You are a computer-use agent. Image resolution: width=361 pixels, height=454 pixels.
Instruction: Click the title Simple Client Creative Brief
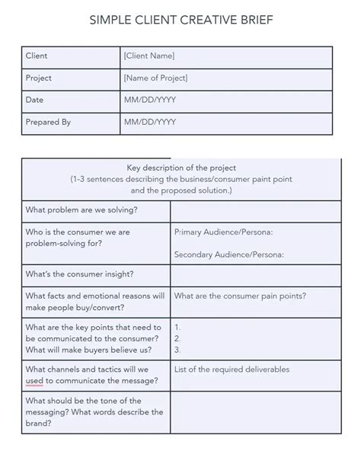180,21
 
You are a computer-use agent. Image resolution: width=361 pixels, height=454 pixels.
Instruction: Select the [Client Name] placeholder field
149,56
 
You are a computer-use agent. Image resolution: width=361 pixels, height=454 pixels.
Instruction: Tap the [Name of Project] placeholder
155,78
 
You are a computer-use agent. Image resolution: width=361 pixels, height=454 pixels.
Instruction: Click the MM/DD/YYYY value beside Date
149,100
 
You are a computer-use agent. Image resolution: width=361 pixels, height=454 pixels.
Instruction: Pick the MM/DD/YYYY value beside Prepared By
149,122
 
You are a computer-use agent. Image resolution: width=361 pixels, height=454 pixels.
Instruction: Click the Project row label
39,78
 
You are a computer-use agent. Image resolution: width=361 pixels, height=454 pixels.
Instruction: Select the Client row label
37,56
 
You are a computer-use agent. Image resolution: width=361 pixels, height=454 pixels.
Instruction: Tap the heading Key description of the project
180,168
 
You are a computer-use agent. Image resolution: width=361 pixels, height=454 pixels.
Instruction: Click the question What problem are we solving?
87,209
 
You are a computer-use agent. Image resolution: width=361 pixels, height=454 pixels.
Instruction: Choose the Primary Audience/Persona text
223,232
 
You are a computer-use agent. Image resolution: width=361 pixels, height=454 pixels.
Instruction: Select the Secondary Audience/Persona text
228,254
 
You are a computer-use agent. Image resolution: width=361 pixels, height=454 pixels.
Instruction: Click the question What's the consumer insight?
79,273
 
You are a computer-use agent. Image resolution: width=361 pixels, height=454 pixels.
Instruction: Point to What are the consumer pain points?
240,296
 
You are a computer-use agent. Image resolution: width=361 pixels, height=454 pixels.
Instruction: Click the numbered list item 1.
177,326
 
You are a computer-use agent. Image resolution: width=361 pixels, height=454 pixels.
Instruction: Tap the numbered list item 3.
177,350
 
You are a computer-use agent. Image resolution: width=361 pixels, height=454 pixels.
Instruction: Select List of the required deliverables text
232,369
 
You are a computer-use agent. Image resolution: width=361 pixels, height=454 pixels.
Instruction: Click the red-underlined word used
35,380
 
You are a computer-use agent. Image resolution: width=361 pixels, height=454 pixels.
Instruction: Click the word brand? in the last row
39,424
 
